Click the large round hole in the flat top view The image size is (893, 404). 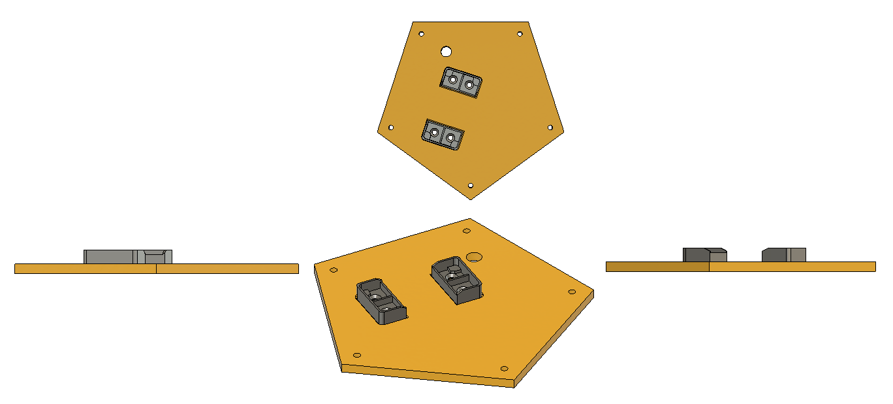[x=446, y=51]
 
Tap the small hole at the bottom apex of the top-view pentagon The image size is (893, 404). [x=471, y=186]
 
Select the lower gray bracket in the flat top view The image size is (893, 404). [x=443, y=134]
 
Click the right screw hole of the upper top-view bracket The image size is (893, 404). [x=469, y=84]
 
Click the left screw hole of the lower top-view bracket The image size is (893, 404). [x=433, y=132]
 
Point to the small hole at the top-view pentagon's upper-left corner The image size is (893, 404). [x=421, y=33]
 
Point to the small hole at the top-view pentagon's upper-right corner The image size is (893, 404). [x=520, y=33]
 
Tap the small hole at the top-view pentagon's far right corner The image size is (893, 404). [x=550, y=127]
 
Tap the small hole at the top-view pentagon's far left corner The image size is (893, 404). [x=391, y=127]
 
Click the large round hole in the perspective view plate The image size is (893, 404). [x=475, y=256]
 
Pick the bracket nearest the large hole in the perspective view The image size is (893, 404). [x=458, y=280]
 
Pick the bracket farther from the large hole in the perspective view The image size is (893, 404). [x=381, y=302]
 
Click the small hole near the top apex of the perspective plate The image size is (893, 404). [x=467, y=231]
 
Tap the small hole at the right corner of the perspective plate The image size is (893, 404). [x=572, y=292]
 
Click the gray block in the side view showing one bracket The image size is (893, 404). [x=127, y=256]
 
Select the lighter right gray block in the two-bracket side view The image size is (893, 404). [x=784, y=254]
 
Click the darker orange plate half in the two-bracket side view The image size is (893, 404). [x=657, y=267]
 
